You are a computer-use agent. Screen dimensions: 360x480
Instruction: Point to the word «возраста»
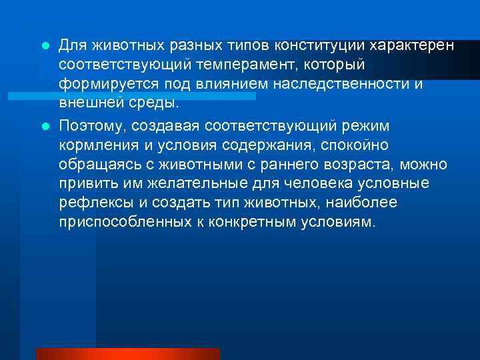click(x=379, y=165)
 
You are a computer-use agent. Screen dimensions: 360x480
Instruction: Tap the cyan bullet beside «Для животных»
click(x=45, y=45)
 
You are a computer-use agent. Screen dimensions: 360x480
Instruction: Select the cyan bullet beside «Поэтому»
click(x=45, y=125)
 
